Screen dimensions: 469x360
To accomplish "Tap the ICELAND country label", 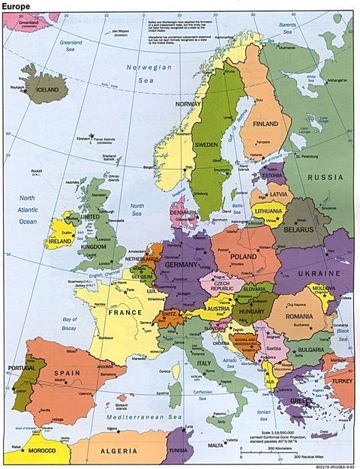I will pos(46,89).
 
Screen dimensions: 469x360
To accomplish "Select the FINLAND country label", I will pos(265,124).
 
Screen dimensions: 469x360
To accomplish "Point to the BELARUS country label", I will pos(295,229).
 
